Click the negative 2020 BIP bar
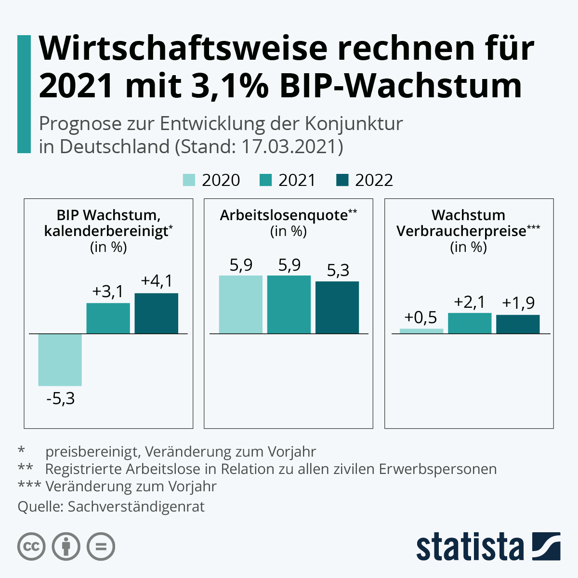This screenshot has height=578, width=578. (x=60, y=359)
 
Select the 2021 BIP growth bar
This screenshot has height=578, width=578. (x=108, y=318)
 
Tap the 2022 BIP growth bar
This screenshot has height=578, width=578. (x=156, y=313)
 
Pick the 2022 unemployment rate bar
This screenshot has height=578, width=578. (x=337, y=307)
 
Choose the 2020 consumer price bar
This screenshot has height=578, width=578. (x=421, y=331)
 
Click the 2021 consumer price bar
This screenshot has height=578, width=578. (x=470, y=323)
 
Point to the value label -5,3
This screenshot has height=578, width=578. (x=61, y=399)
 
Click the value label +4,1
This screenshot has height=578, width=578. (x=157, y=281)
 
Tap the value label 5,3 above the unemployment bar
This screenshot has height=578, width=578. (x=338, y=270)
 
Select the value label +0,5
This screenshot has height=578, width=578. (x=420, y=318)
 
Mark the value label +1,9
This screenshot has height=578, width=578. (x=518, y=303)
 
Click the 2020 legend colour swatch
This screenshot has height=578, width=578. (x=189, y=180)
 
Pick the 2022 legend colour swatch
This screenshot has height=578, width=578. (x=342, y=180)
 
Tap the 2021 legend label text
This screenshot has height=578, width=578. (x=297, y=180)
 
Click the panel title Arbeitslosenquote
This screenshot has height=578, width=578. (x=284, y=215)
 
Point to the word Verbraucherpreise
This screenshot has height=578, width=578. (x=461, y=231)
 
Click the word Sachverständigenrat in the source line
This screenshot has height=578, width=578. (x=136, y=507)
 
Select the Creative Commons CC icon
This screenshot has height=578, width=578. (x=31, y=547)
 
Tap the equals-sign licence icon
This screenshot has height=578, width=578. (x=101, y=547)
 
